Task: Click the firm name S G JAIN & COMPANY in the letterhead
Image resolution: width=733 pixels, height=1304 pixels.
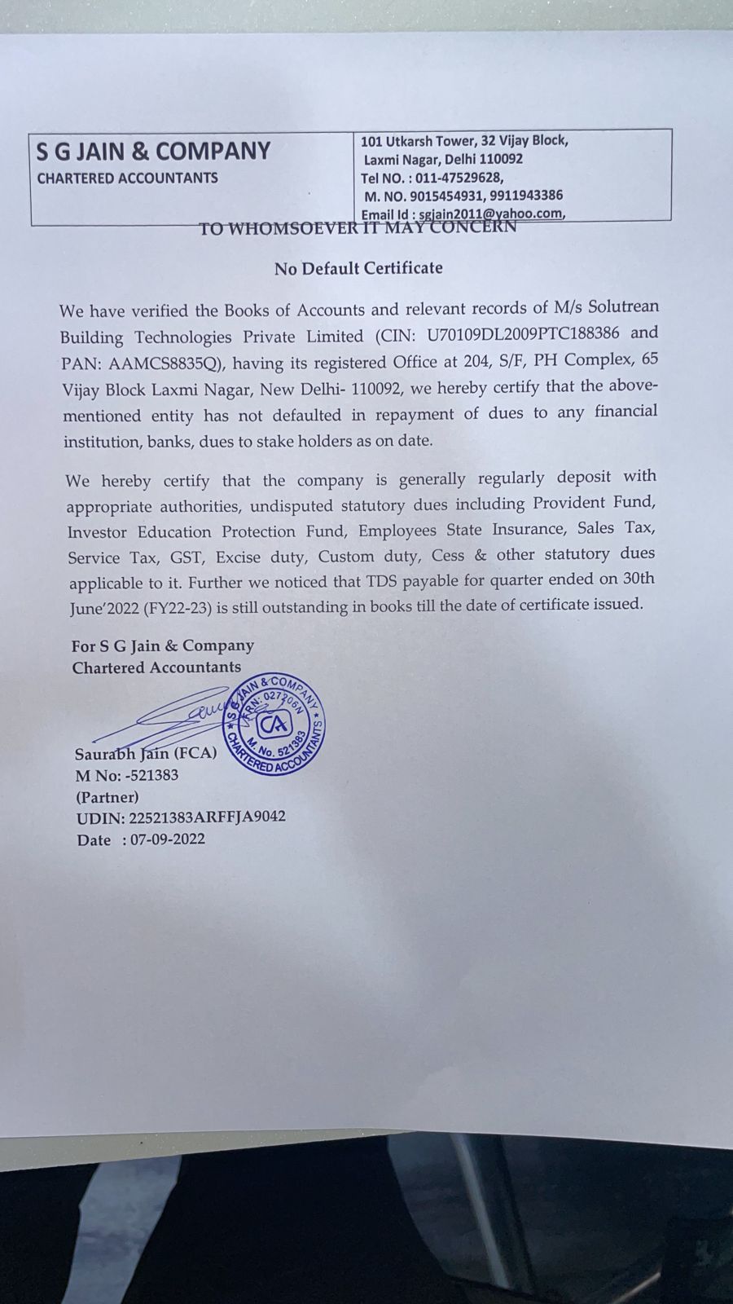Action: point(153,152)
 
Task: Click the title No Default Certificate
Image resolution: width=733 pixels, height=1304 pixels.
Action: point(358,268)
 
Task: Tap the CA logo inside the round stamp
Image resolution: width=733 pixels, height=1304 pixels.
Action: point(273,724)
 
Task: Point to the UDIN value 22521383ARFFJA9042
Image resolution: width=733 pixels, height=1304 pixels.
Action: point(207,817)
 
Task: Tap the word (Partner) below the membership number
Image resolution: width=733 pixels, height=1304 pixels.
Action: point(107,796)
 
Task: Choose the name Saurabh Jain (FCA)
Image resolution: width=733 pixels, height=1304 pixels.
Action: point(146,753)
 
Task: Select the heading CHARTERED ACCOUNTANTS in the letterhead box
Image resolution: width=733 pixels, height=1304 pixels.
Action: point(128,178)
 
